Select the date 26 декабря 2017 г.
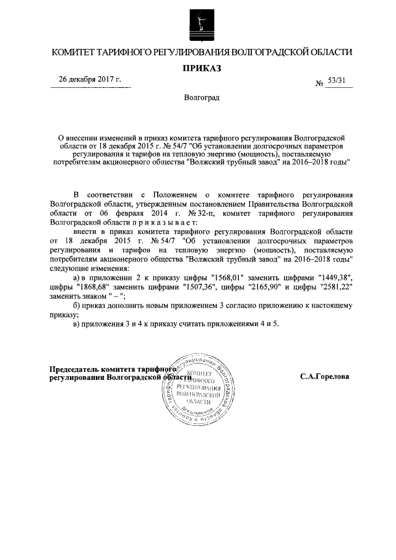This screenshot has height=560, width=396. tap(90, 80)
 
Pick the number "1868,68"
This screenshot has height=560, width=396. tap(92, 287)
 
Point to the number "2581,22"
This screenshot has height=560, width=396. tap(335, 287)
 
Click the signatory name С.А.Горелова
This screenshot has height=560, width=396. tap(324, 376)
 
